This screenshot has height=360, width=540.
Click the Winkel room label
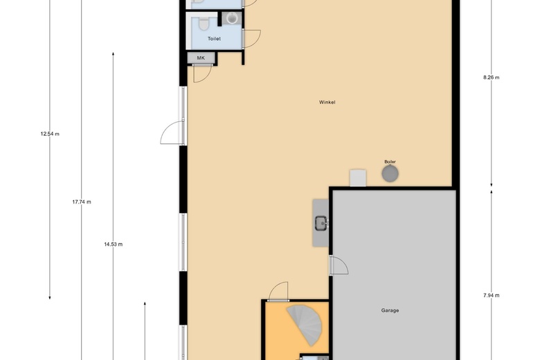pos(327,102)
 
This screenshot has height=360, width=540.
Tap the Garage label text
pos(390,310)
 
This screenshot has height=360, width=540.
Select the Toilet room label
pos(214,39)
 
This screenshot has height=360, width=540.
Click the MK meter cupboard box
pos(201,58)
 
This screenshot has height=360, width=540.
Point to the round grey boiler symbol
pos(390,174)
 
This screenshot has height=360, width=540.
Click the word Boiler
pos(390,161)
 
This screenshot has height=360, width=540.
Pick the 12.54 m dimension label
pos(50,134)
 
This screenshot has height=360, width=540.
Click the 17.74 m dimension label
pos(82,202)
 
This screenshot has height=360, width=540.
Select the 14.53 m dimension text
pos(114,244)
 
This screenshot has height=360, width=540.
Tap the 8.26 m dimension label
pos(491,78)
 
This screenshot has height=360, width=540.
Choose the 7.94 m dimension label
pos(491,295)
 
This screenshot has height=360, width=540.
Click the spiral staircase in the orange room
pos(305,325)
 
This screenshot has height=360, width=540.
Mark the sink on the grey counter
pos(321,223)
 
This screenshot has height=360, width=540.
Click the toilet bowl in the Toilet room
pos(204,23)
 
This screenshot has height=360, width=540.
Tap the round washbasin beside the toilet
pos(231,18)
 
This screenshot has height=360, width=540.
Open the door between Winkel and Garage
pos(339,265)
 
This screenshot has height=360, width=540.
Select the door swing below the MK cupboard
pos(202,73)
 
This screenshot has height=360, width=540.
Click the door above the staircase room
pos(278,291)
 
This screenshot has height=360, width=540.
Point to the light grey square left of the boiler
pos(358,178)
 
